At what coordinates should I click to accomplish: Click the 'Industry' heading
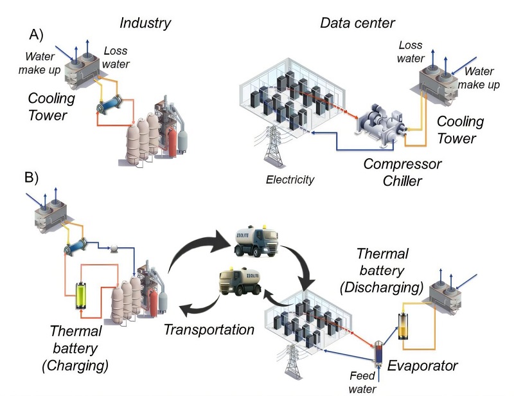[x=145, y=24]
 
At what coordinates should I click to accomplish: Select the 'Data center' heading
[x=357, y=24]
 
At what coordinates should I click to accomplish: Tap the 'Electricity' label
[x=290, y=180]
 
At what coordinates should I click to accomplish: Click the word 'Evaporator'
[x=422, y=366]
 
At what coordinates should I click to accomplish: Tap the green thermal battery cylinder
[x=82, y=296]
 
